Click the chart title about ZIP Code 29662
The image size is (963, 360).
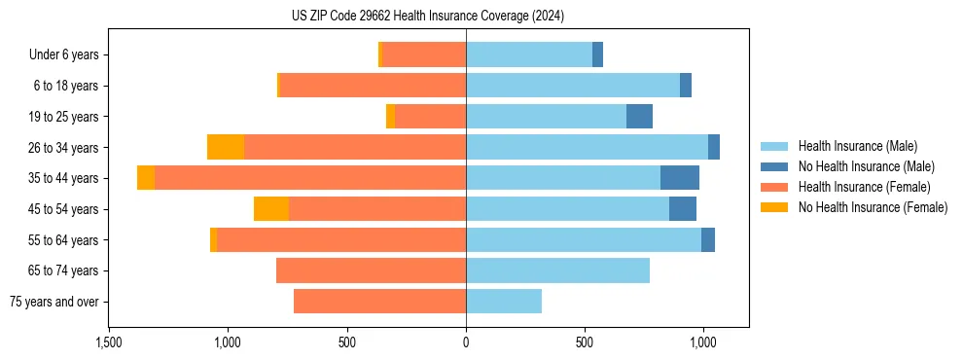coord(427,17)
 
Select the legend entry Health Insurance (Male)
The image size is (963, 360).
coord(857,146)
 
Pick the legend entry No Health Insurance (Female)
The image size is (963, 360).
coord(872,207)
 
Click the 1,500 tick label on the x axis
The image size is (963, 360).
coord(108,342)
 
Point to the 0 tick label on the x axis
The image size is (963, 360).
coord(466,342)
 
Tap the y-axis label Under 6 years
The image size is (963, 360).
coord(63,55)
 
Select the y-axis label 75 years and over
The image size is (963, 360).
coord(53,302)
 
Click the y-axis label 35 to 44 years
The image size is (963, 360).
coord(65,178)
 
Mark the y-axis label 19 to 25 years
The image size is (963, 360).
coord(65,117)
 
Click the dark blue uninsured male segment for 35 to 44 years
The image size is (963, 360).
coord(680,178)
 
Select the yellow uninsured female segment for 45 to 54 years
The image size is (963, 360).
coord(271,209)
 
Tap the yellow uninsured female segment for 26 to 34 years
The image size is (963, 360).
coord(226,147)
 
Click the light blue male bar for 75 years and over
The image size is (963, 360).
coord(504,302)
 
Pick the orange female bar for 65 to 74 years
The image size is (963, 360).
coord(371,270)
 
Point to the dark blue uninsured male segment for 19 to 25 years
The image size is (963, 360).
coord(639,117)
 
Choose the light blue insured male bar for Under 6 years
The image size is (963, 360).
coord(529,55)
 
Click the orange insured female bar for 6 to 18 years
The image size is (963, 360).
coord(373,86)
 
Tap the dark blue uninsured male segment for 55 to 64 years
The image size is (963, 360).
coord(708,239)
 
